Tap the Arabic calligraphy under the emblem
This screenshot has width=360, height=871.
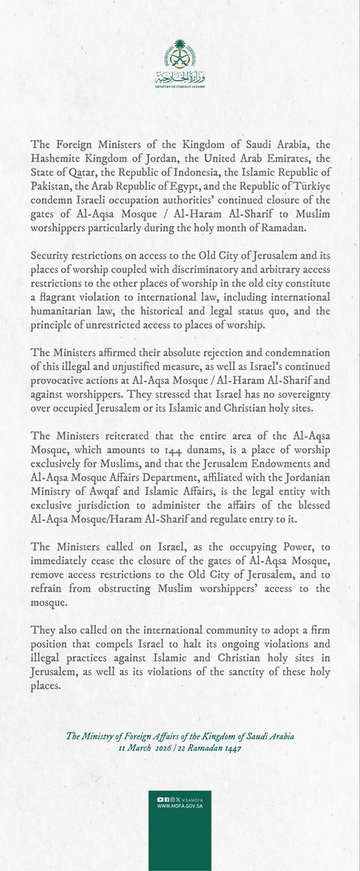[179, 75]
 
